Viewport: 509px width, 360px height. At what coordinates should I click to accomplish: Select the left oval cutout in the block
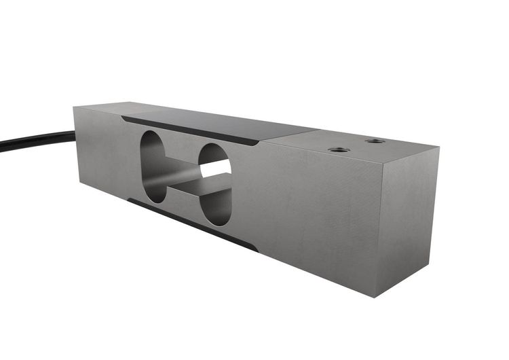point(153,166)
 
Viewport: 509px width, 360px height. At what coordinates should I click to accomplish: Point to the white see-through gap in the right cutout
point(216,168)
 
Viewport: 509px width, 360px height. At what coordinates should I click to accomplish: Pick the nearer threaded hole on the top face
point(337,149)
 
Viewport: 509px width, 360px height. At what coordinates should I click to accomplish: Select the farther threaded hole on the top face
point(375,141)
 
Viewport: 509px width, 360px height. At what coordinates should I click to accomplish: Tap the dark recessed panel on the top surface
point(224,126)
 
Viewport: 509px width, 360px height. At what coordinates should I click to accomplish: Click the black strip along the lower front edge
point(190,224)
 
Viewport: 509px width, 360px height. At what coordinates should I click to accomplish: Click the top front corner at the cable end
point(74,107)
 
